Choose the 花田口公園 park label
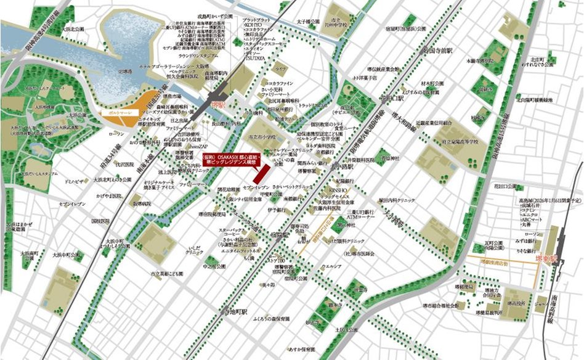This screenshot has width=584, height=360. point(495,185)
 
